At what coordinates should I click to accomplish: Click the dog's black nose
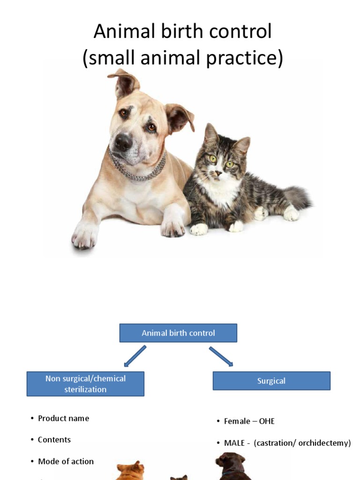pos(124,142)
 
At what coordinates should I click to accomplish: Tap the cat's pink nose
pos(218,173)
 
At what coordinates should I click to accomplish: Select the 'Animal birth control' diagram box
pos(178,333)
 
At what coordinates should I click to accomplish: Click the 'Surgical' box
pos(271,381)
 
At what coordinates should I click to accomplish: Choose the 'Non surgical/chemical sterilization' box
pos(85,384)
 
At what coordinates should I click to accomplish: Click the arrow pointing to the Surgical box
pos(221,356)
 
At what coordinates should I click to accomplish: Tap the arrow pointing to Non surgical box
pos(135,356)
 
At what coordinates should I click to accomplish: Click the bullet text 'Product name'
pos(63,418)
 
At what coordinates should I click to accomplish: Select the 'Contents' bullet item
pos(54,440)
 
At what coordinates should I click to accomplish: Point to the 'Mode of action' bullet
pos(66,461)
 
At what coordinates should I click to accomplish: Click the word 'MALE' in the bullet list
pos(234,443)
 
